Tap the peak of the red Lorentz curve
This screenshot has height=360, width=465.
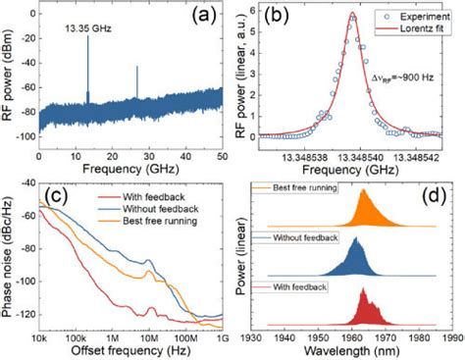(352, 14)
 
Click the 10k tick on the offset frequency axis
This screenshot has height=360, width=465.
(40, 336)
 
